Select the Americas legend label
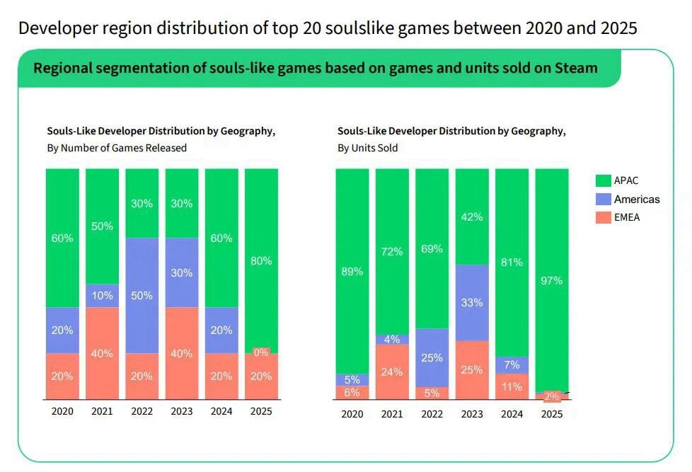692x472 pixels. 637,200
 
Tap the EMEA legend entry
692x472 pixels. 626,217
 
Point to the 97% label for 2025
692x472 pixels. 552,280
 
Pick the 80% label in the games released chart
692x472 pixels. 261,260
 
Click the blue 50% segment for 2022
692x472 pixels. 142,295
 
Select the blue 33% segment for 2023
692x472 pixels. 472,302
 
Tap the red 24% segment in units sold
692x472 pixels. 393,372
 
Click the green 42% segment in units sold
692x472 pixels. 472,217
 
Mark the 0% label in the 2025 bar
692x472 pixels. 261,352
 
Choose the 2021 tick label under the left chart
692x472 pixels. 102,410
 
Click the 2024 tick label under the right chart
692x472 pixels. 512,413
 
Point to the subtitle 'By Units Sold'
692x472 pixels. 367,148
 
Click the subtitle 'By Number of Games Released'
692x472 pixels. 117,148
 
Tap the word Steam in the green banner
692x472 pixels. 576,68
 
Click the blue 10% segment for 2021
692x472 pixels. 103,295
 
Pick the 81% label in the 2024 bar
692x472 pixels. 512,262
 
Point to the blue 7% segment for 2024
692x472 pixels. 512,365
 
